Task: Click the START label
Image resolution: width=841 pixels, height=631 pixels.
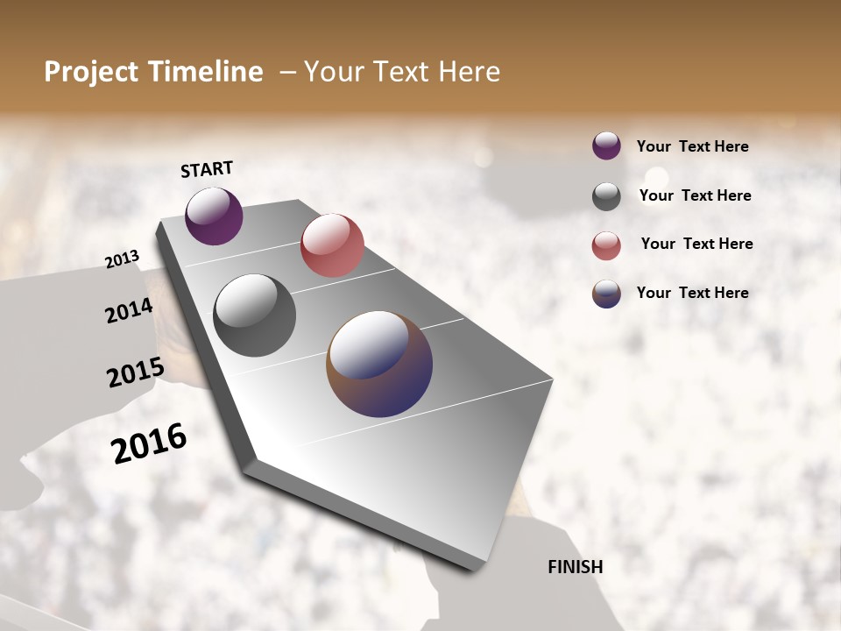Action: click(207, 169)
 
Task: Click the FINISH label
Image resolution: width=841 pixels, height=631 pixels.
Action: click(575, 566)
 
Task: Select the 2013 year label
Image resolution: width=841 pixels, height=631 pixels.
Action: click(122, 259)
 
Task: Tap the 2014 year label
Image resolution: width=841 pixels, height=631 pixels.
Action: click(129, 310)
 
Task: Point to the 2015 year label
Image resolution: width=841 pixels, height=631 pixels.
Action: click(135, 372)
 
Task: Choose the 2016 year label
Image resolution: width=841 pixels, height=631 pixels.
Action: click(149, 443)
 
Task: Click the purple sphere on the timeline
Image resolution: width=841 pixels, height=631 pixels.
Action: click(214, 216)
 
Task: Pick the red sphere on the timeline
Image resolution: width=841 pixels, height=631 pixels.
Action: click(332, 245)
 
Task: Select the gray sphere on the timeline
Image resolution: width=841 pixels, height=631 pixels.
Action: click(254, 315)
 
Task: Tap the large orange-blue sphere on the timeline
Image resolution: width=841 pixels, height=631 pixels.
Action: click(379, 363)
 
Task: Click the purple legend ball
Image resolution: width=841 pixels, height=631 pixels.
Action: click(606, 145)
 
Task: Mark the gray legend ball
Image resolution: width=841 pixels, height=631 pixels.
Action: click(606, 196)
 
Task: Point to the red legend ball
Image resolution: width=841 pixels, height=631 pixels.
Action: click(606, 245)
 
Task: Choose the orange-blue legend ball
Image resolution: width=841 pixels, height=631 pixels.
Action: click(606, 294)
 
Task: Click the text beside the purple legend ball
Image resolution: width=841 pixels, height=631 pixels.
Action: click(692, 146)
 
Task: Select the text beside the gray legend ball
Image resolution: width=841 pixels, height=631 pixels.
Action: click(695, 195)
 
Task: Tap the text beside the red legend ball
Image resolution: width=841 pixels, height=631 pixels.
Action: click(696, 244)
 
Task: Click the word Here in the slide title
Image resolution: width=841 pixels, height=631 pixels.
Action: click(469, 72)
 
